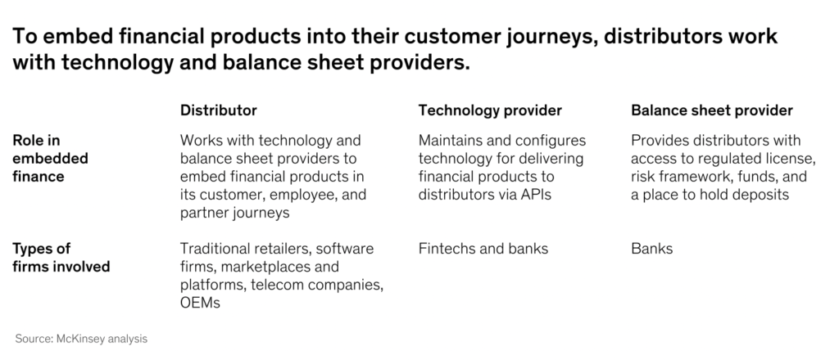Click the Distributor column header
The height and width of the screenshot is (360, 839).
pos(218,110)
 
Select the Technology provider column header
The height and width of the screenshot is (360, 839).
pos(490,110)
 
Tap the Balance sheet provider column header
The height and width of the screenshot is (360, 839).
pos(712,110)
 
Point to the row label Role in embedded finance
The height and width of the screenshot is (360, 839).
pos(50,158)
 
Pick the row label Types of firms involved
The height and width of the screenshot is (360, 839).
pos(61,258)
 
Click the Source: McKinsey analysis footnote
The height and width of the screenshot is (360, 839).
pos(81,339)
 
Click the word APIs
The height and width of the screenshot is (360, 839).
pos(536,195)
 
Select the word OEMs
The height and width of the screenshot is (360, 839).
pos(200,303)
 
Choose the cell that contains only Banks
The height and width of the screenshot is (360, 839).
pos(651,249)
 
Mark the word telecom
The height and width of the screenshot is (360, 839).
pos(277,285)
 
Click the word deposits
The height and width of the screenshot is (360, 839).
pos(760,195)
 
